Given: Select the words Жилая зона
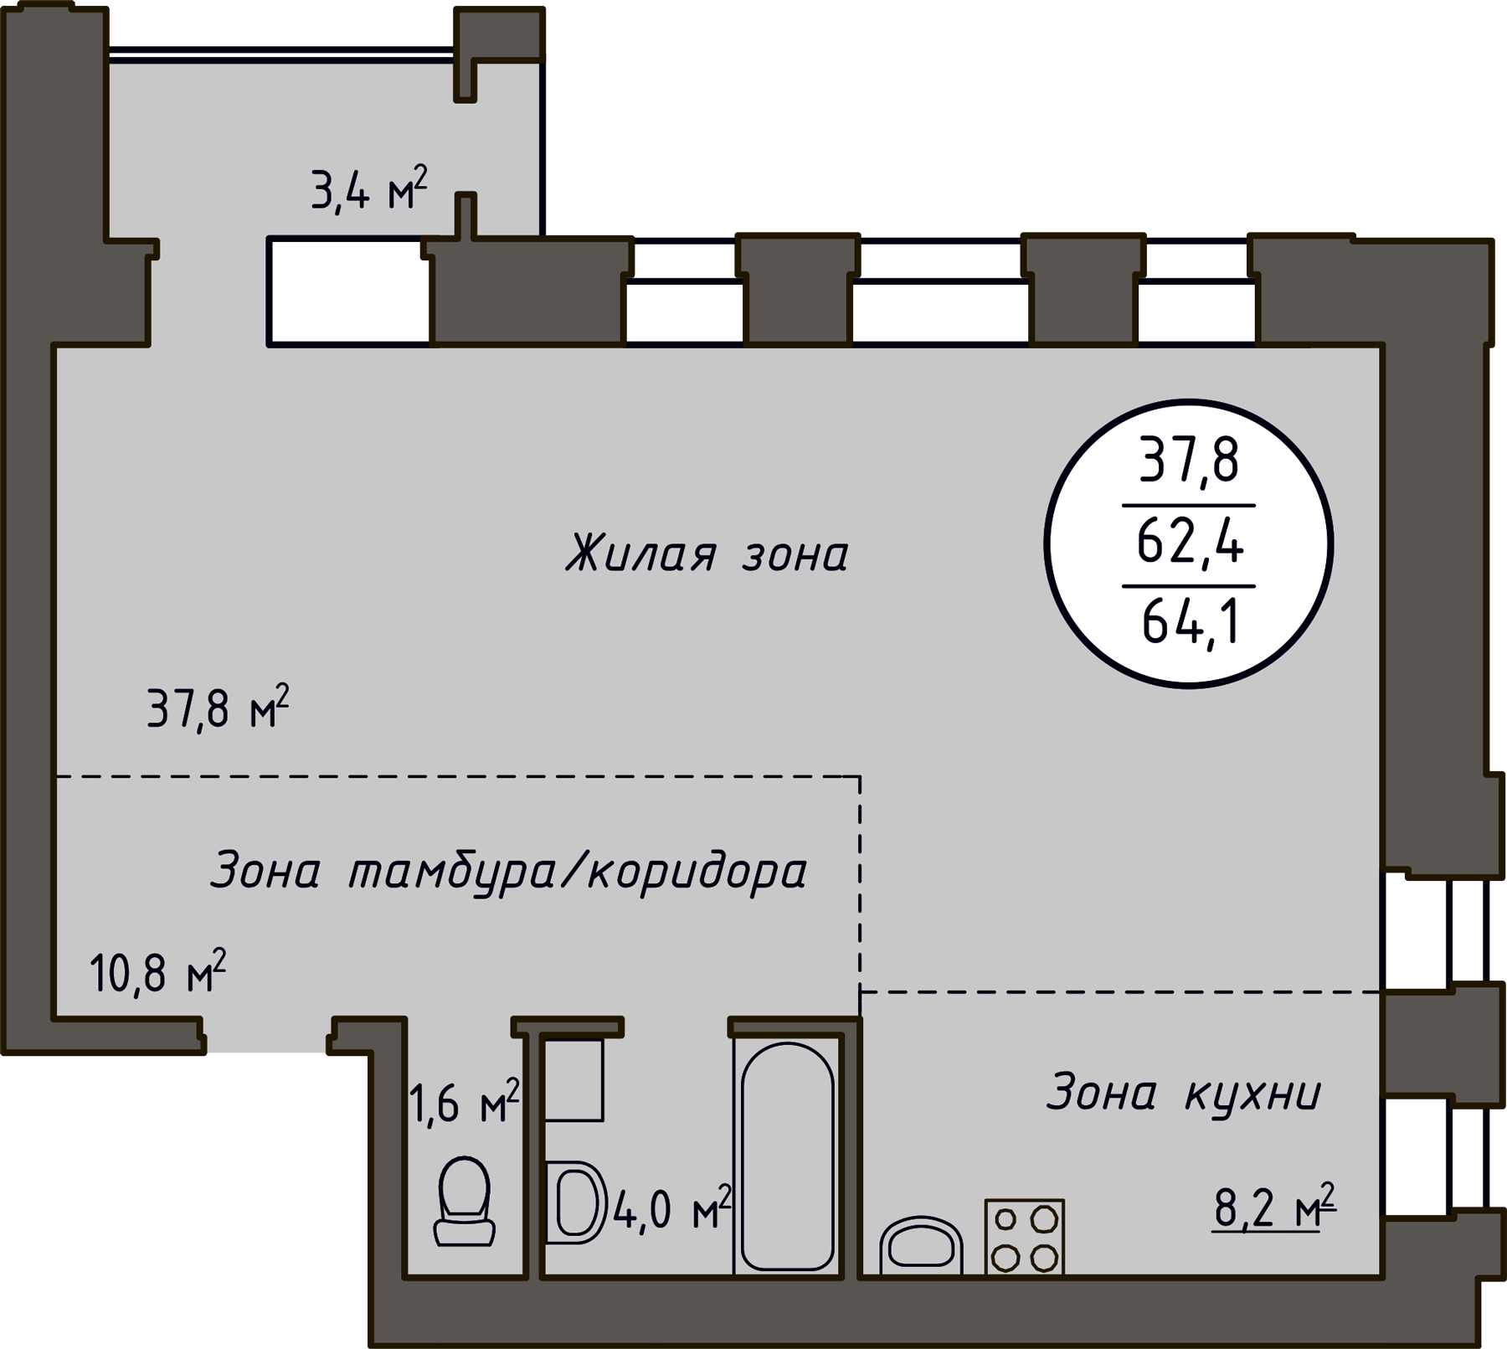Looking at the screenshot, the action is (707, 554).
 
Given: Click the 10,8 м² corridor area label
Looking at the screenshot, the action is (157, 971).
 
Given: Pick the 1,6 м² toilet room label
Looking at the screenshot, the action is (465, 1102).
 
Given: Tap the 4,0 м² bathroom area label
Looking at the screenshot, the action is (672, 1208).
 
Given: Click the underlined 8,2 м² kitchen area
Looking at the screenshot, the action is (1274, 1207).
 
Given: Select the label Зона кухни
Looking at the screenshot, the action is (1183, 1093).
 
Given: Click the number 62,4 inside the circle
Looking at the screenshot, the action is (1190, 543).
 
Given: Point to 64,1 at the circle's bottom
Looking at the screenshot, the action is (1190, 622).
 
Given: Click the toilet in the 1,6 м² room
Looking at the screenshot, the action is (464, 1202).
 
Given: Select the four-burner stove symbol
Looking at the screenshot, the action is (1025, 1237).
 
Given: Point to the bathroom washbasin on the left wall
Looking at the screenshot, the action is (576, 1202).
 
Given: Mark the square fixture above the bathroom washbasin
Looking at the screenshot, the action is (574, 1080).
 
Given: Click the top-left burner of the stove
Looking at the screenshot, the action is (1006, 1219).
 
